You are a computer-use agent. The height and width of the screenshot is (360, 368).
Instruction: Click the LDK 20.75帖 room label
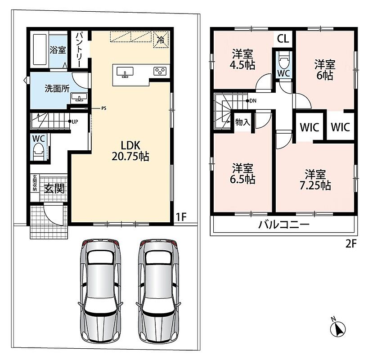(130, 151)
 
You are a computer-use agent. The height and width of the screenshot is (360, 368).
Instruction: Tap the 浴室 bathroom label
(58, 50)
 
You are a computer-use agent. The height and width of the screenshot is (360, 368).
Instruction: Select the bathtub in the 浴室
(40, 49)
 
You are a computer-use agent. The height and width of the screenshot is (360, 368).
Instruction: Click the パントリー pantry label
(79, 49)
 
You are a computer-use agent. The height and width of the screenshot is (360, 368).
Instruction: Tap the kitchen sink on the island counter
(125, 72)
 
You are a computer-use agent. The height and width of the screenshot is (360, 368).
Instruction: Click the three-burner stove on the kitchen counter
(160, 71)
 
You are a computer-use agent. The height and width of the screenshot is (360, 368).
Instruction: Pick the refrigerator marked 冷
(161, 40)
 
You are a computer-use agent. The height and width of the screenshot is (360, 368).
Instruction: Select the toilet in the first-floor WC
(39, 151)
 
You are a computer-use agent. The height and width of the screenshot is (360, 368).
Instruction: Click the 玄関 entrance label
(54, 189)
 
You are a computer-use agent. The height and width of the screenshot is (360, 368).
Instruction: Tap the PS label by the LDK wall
(104, 108)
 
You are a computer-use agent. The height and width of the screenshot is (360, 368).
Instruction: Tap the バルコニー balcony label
(284, 225)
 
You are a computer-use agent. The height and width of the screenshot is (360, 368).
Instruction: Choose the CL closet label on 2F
(283, 39)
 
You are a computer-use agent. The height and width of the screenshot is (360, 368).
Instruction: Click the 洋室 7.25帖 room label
(315, 180)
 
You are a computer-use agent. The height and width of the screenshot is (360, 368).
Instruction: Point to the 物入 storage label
(242, 122)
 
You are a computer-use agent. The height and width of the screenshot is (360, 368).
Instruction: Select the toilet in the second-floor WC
(284, 61)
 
